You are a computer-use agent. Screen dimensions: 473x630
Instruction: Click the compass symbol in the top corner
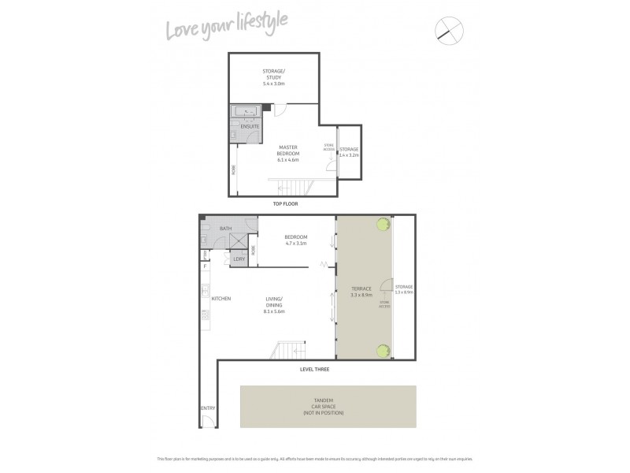(x=450, y=29)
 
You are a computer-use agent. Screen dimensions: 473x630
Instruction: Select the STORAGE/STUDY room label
(x=274, y=76)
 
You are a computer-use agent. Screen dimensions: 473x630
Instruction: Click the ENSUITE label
(x=250, y=127)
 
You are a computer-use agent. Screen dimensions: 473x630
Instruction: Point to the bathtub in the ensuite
(x=249, y=112)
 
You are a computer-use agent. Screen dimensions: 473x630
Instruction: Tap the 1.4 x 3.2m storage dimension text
(x=349, y=156)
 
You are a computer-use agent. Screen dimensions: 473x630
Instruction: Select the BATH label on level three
(x=225, y=229)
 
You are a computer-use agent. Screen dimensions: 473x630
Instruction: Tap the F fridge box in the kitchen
(x=206, y=266)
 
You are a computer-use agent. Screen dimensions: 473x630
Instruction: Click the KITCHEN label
(x=220, y=298)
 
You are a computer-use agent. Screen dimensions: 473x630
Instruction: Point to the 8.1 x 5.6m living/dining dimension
(x=274, y=312)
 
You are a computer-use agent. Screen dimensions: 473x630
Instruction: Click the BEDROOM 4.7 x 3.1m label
(x=296, y=240)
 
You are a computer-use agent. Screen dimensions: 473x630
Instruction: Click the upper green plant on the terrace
(x=383, y=225)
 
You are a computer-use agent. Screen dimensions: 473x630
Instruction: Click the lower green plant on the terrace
(x=383, y=352)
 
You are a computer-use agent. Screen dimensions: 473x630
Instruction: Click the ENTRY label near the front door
(x=208, y=408)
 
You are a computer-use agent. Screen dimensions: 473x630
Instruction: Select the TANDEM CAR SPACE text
(x=328, y=408)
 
